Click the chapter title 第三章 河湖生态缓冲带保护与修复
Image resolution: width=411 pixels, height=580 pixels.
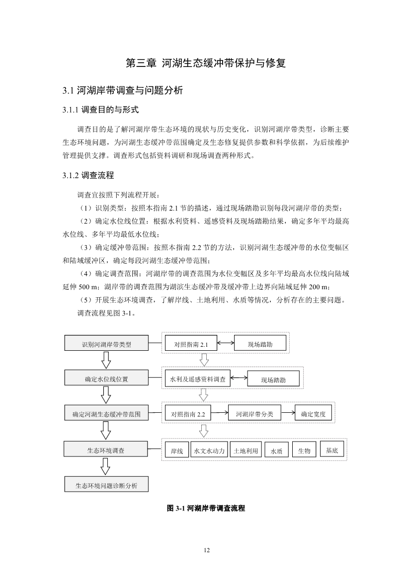tap(205, 64)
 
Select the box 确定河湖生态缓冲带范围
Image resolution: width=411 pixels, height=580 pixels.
tap(106, 414)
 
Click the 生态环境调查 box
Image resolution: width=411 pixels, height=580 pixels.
tap(106, 451)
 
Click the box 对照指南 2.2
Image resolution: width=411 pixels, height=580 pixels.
tap(188, 414)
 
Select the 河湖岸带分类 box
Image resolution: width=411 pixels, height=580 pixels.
tap(254, 414)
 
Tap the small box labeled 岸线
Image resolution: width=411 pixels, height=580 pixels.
tap(177, 451)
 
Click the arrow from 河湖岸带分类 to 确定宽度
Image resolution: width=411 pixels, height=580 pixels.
tap(288, 413)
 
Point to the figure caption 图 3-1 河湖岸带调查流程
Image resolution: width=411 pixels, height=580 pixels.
tap(205, 509)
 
